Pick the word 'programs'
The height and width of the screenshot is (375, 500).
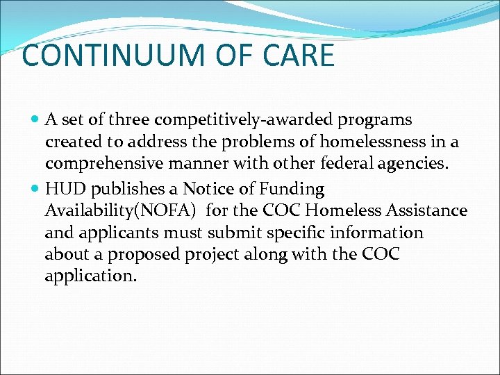pos(375,121)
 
